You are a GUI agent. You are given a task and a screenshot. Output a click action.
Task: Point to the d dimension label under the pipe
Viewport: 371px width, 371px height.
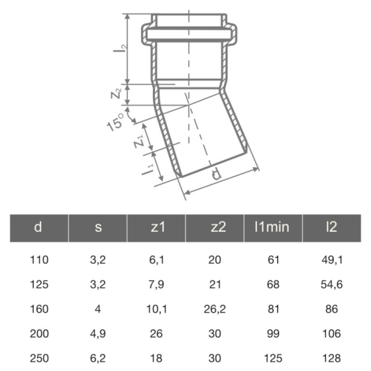215,175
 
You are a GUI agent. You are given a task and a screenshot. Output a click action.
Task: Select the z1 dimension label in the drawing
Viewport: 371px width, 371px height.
138,140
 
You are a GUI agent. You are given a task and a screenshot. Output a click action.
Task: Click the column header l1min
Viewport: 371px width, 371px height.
272,227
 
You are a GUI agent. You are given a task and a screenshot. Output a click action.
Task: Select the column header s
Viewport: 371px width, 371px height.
98,227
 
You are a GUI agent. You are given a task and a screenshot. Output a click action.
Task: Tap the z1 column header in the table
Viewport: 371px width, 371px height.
156,227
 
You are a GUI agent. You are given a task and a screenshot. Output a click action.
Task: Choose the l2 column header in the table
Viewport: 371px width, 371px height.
331,227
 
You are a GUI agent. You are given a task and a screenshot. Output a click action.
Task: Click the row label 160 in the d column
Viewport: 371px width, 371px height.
40,308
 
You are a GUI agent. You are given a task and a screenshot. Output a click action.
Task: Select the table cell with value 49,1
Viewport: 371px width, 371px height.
331,260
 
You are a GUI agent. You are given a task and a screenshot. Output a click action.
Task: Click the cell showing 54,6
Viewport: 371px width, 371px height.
331,284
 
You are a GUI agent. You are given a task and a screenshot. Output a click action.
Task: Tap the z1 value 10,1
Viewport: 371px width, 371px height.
156,308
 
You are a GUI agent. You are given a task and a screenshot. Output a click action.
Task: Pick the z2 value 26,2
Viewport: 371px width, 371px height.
214,308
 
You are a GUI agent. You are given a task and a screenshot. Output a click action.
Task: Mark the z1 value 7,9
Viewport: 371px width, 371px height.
156,284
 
